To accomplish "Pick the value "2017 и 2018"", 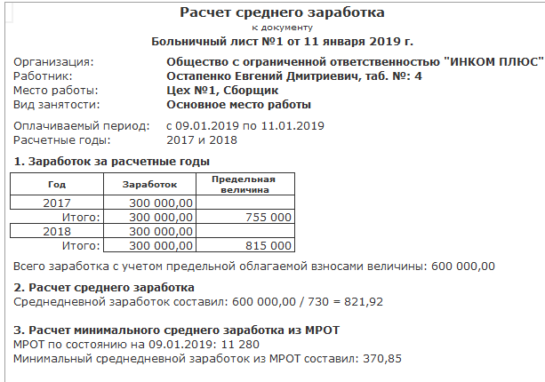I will coord(204,140).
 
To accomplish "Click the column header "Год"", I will coord(56,184).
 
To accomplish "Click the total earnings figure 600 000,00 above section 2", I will coord(464,266).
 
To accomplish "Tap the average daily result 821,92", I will coord(363,302).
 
